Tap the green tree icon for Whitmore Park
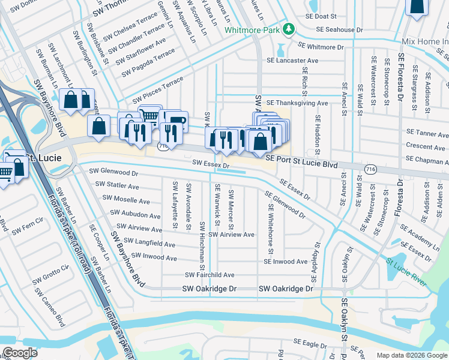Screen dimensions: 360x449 click(289, 29)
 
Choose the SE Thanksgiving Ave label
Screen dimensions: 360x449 click(297, 103)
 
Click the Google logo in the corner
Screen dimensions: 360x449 click(19, 353)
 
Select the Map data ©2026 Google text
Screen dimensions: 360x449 click(411, 355)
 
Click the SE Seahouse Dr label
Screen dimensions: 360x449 click(340, 29)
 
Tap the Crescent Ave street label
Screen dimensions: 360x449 click(425, 146)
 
